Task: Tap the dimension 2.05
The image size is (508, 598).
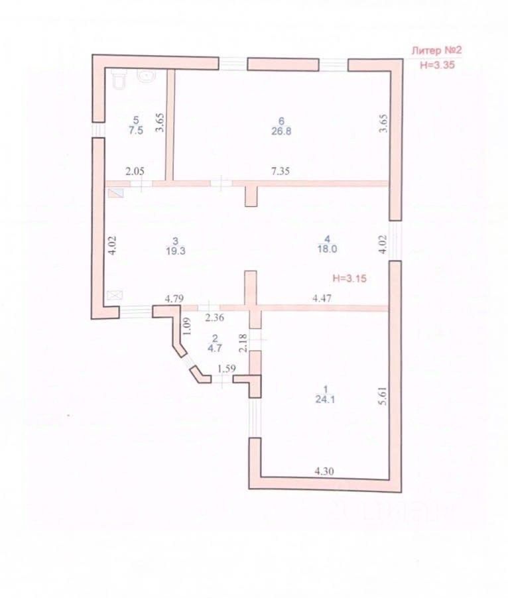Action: [x=135, y=171]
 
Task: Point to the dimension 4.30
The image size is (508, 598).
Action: [x=324, y=471]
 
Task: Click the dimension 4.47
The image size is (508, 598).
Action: [x=323, y=300]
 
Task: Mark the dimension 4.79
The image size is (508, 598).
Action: [x=174, y=299]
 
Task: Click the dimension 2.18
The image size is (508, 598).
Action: [x=243, y=343]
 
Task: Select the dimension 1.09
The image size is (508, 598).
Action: [x=186, y=326]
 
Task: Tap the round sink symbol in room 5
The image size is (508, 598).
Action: [x=146, y=76]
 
